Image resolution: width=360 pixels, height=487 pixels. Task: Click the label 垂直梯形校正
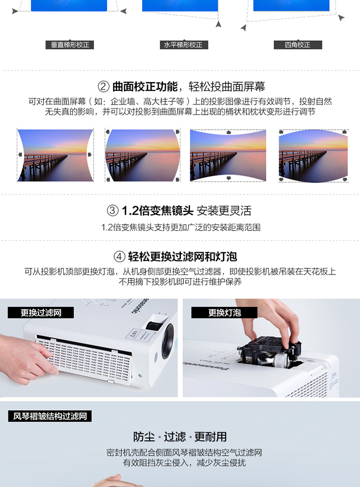tap(70, 45)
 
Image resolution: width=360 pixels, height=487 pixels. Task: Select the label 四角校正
tap(298, 45)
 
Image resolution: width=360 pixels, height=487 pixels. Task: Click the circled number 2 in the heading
tap(104, 86)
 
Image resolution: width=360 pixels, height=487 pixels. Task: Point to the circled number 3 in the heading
tap(113, 211)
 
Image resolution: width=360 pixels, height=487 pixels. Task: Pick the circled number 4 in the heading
tap(119, 257)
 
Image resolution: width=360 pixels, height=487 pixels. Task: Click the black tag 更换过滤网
tap(41, 313)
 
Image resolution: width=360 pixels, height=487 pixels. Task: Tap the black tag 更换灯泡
tap(224, 313)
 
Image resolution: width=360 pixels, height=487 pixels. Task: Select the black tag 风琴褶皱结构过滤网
tap(50, 416)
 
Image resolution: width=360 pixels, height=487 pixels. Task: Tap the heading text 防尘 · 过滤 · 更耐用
tap(180, 437)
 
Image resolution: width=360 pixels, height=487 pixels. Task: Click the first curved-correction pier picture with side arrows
tap(55, 155)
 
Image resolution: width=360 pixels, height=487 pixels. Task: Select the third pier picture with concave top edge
tap(228, 155)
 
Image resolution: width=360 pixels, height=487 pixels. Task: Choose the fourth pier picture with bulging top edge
tap(313, 156)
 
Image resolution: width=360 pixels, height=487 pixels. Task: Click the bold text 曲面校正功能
tap(145, 86)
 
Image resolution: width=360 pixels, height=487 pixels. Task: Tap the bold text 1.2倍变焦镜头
tap(157, 211)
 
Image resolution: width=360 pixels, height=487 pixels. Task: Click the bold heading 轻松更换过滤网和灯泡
tap(182, 257)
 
